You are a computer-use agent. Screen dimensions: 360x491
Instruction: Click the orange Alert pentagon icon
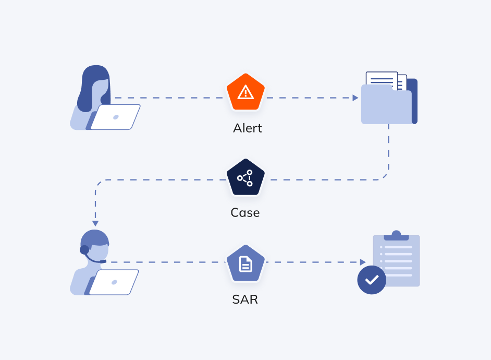coord(245,92)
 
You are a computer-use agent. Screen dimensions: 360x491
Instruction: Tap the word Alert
coord(247,128)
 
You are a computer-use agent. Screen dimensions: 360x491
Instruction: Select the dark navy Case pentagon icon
coord(245,178)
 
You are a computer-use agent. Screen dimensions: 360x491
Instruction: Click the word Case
coord(245,213)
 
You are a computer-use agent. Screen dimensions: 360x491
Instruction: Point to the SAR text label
coord(245,299)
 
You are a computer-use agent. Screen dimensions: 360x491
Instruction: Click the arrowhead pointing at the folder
coord(355,98)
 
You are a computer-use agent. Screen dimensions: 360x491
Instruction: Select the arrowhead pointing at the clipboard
coord(363,262)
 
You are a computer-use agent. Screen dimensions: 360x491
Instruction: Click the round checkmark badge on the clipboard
coord(372,280)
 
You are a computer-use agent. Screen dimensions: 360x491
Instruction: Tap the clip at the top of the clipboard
coord(396,236)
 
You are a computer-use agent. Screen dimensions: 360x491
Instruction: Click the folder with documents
coord(389,104)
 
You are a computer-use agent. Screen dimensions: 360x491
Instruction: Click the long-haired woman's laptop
coord(116,117)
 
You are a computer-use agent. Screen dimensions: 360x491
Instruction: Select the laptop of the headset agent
coord(114,282)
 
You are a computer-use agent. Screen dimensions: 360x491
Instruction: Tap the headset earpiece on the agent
coord(84,250)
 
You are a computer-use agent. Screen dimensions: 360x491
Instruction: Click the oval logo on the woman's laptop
coord(116,117)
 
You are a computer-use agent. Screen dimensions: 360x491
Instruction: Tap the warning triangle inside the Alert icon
coord(245,92)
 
